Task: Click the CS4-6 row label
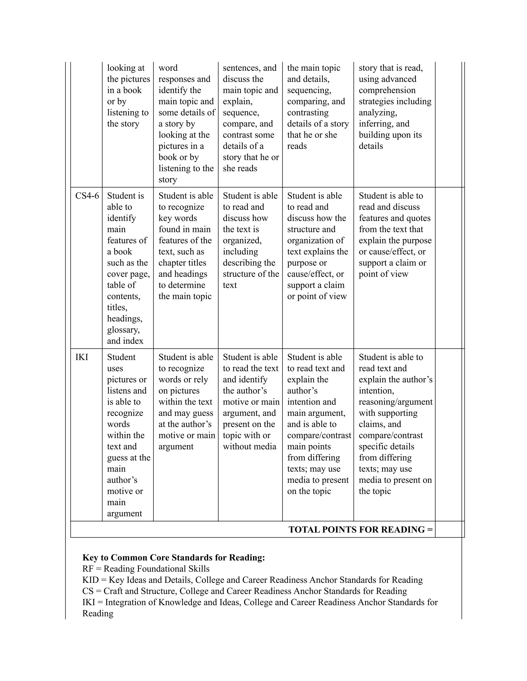87,196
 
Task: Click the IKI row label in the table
82,357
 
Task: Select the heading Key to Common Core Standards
174,558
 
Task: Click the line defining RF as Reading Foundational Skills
146,569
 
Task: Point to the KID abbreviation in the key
91,580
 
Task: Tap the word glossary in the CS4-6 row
123,330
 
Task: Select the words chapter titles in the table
182,263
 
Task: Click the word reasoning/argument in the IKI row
395,402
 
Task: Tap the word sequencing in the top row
309,90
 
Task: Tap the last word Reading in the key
98,613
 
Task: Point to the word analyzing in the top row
377,112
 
